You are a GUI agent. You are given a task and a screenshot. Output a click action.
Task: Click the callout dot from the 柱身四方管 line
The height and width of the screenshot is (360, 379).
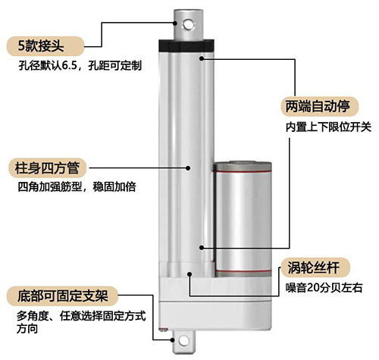click(x=188, y=166)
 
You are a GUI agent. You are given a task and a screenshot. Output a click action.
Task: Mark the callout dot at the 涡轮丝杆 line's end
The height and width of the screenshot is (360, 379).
click(x=202, y=246)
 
